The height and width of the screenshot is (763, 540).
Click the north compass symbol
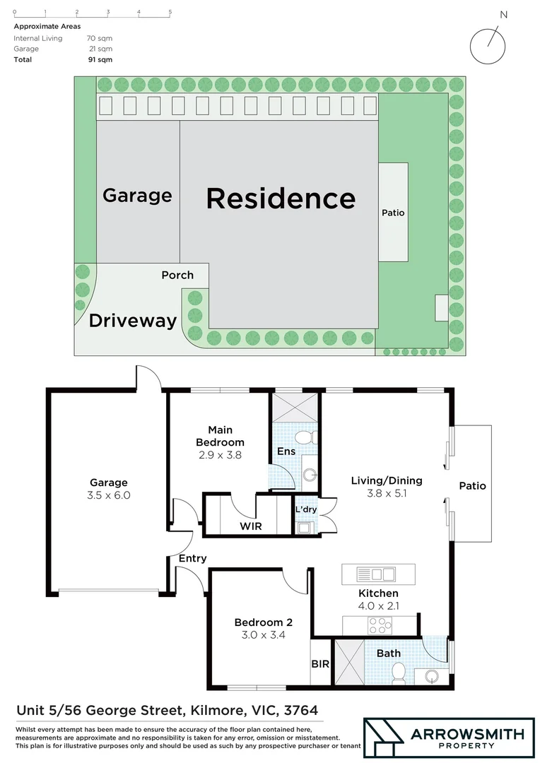click(x=488, y=45)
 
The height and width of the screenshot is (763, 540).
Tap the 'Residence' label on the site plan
click(x=281, y=199)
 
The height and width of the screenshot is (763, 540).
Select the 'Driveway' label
click(x=132, y=321)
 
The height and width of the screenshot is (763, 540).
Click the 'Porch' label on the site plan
click(x=177, y=275)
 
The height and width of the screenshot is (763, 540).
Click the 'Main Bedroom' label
click(x=220, y=436)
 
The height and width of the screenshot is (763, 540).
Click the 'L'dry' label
click(x=305, y=509)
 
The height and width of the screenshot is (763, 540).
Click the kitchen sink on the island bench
click(x=377, y=573)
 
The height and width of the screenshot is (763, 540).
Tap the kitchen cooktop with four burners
click(x=377, y=625)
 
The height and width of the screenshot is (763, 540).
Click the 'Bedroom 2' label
click(x=263, y=622)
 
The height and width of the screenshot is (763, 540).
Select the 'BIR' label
click(x=319, y=664)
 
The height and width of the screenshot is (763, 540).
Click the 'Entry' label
click(x=192, y=558)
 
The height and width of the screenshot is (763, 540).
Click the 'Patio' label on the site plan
click(x=393, y=212)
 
